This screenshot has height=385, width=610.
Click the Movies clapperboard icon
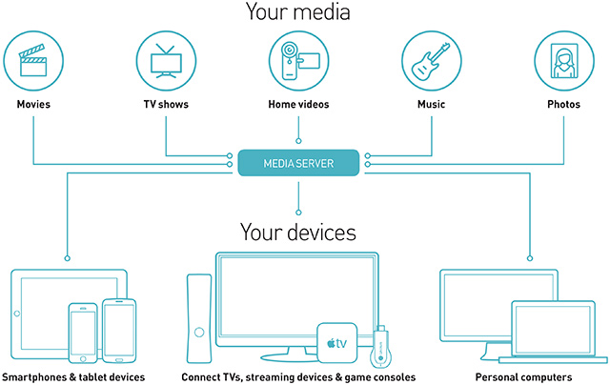tap(33, 59)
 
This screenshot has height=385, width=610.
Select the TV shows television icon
tap(166, 59)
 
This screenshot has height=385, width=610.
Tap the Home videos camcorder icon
tap(299, 59)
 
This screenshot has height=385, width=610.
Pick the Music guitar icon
tap(432, 59)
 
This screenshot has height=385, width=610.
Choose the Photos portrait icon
tap(564, 59)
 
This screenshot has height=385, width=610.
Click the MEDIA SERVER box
tap(299, 163)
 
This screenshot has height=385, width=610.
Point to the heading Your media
tap(299, 12)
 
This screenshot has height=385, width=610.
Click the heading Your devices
tap(299, 232)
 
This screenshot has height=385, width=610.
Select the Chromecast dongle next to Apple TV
tap(380, 347)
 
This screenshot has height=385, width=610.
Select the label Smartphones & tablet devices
tap(73, 377)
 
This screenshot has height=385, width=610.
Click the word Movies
tap(33, 104)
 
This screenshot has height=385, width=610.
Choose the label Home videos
tap(299, 104)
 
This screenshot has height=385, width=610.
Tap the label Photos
tap(564, 104)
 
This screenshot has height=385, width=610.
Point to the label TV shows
tap(166, 104)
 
